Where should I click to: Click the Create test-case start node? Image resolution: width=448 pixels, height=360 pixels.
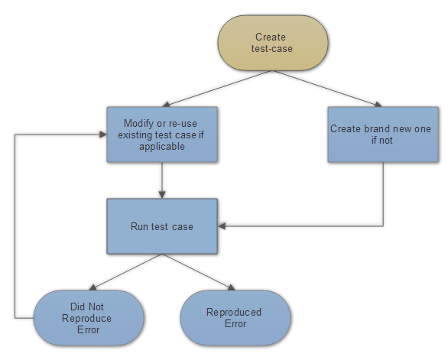point(273,44)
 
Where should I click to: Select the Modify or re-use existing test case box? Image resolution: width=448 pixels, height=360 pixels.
point(161,134)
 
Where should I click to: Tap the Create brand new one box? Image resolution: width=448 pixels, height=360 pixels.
point(382,134)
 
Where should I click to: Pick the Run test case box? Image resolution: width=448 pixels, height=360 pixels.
point(161,226)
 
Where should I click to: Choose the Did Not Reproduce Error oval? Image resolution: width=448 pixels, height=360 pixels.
point(89,318)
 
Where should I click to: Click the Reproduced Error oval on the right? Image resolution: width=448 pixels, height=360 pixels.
point(235,318)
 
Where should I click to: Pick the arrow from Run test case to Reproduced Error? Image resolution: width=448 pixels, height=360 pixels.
point(197,272)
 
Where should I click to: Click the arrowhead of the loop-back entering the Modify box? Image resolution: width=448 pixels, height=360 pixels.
point(102,134)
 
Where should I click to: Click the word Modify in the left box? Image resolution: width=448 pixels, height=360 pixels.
point(140,123)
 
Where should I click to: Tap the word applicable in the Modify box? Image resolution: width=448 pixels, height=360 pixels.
point(162,146)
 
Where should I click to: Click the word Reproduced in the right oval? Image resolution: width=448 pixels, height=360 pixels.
point(234,312)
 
